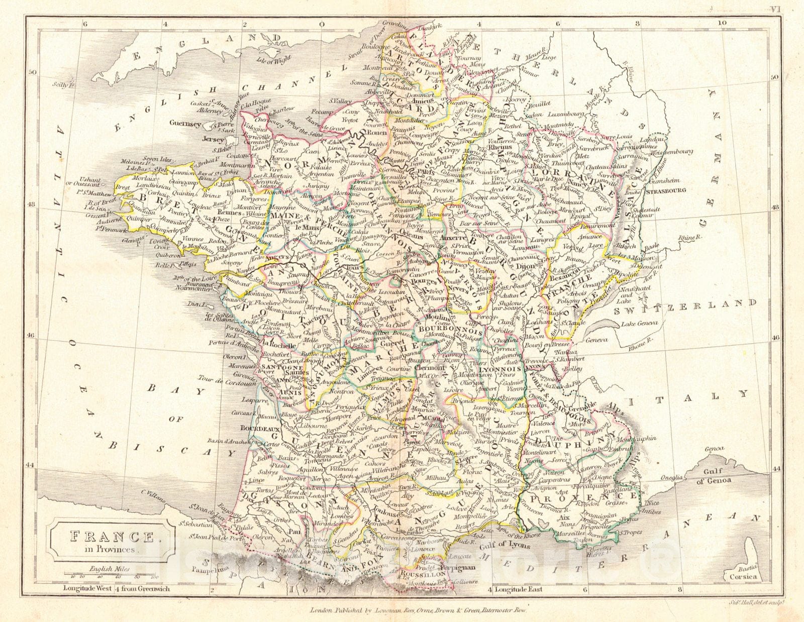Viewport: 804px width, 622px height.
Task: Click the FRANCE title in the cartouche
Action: coord(112,537)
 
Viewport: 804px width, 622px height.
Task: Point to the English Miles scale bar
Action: coord(110,574)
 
